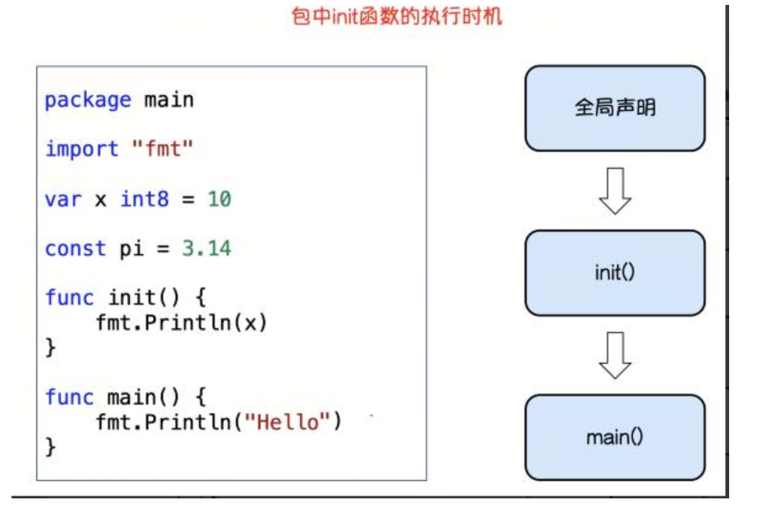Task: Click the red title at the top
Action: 396,16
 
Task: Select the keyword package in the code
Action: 87,100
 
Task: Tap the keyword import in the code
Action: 81,150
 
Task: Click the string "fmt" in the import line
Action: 163,150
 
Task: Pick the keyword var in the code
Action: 62,199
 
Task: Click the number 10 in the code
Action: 219,199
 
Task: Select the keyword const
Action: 75,248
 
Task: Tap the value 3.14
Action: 206,248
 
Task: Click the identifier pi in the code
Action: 132,248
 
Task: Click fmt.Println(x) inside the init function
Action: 181,322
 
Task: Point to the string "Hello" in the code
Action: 288,422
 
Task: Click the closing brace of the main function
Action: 50,447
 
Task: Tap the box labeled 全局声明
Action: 615,109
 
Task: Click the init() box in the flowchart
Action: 615,273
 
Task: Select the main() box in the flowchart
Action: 615,438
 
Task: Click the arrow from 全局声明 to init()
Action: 615,191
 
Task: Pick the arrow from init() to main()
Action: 615,355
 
